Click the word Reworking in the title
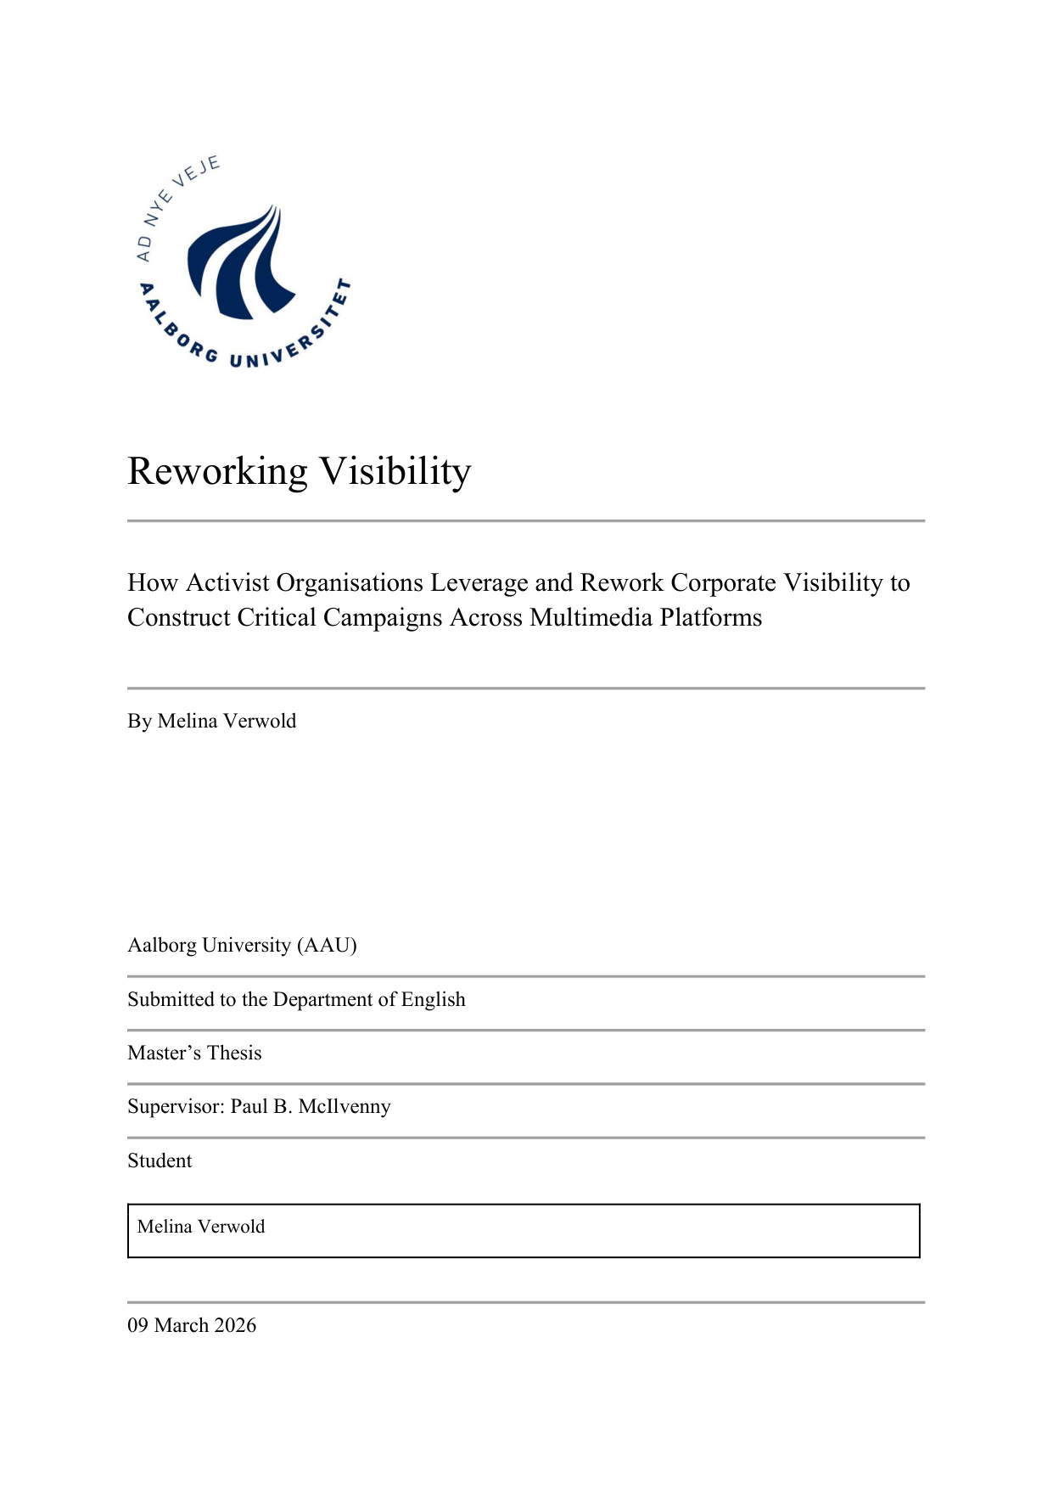click(217, 471)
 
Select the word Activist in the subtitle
click(227, 583)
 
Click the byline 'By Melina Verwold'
click(212, 721)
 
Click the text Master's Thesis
click(194, 1053)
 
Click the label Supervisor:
click(176, 1106)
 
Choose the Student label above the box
click(160, 1160)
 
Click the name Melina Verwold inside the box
click(201, 1227)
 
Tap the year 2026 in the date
click(235, 1325)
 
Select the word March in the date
click(182, 1325)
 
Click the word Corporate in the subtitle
click(723, 583)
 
